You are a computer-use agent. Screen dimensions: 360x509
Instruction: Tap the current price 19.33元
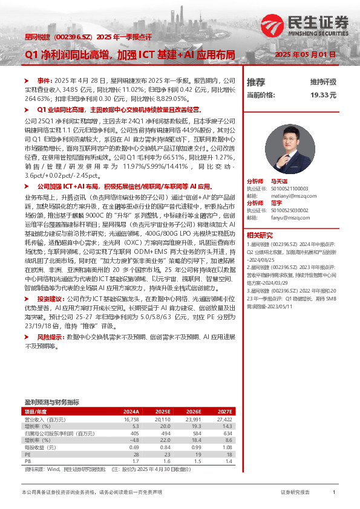pyautogui.click(x=323, y=95)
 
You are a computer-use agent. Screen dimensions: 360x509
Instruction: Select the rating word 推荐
pyautogui.click(x=256, y=82)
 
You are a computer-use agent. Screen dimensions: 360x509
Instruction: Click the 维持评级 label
pyautogui.click(x=323, y=82)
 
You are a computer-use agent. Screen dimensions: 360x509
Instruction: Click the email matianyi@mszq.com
pyautogui.click(x=290, y=195)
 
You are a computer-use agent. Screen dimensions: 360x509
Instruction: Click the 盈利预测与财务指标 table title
pyautogui.click(x=51, y=401)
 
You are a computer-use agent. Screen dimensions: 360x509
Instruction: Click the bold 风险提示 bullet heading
pyautogui.click(x=50, y=336)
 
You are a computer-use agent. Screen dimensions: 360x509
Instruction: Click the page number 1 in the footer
pyautogui.click(x=334, y=493)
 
